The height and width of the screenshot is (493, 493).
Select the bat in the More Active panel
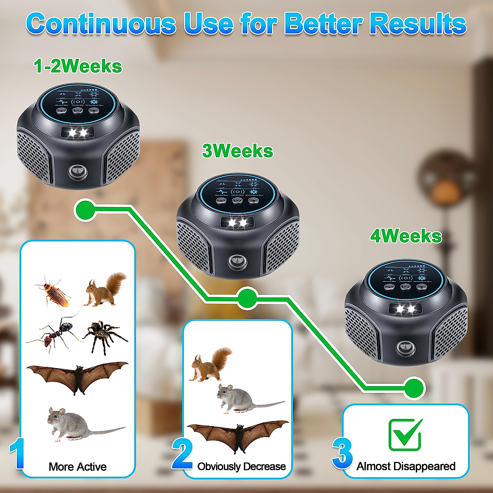77,376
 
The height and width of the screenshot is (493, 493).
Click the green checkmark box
405,435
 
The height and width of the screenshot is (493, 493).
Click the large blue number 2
182,454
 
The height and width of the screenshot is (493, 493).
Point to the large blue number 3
343,454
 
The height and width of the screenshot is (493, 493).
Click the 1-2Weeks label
78,66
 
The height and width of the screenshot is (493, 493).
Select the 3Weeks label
237,151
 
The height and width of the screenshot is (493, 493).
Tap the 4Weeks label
406,236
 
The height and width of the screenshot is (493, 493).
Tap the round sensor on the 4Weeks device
404,348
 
